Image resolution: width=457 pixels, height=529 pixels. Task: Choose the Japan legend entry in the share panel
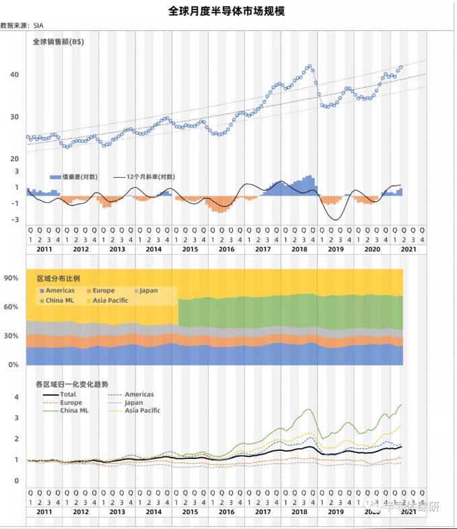tap(147, 290)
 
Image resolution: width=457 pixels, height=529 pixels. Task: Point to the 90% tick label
tap(11, 278)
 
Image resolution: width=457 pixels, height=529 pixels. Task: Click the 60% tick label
tap(11, 307)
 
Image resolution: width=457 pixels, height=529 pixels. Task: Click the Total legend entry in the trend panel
tap(67, 394)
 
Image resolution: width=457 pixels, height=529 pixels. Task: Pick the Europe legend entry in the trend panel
tap(71, 402)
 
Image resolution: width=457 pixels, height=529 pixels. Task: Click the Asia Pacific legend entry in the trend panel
tap(143, 410)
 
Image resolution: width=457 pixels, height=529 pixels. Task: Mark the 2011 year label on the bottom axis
tap(44, 512)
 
